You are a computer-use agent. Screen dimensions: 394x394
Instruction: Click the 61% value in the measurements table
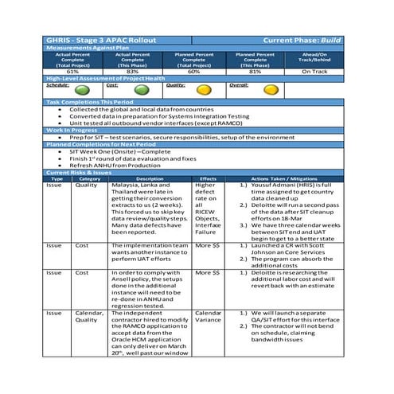pyautogui.click(x=74, y=72)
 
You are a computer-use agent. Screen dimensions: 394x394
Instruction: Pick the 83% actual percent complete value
pyautogui.click(x=132, y=72)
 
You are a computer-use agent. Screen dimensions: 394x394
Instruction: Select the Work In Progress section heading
pyautogui.click(x=74, y=131)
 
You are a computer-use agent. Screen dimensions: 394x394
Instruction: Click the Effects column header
pyautogui.click(x=209, y=178)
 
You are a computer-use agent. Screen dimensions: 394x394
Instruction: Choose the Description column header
pyautogui.click(x=150, y=178)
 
